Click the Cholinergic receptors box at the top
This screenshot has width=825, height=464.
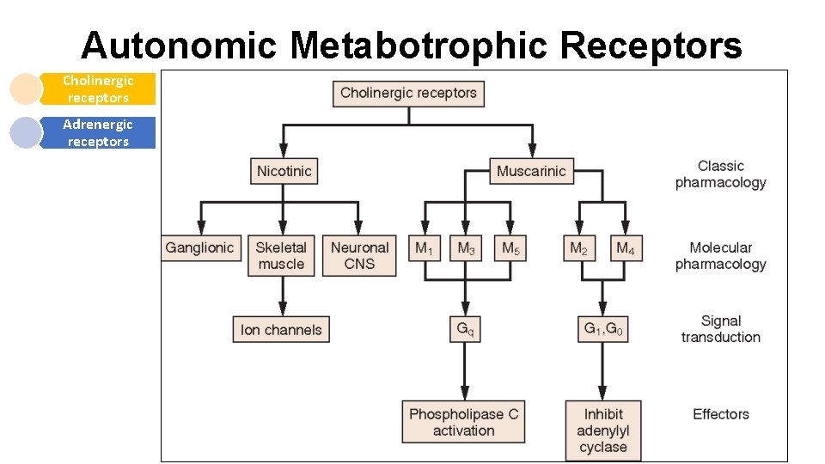408,93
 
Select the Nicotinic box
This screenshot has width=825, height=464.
284,171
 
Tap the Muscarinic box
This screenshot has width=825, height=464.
531,171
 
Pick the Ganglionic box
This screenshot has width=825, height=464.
199,248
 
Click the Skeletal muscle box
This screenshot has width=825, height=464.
281,256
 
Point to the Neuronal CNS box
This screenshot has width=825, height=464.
359,256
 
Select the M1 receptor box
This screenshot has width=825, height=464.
424,249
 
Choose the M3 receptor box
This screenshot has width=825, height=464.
466,249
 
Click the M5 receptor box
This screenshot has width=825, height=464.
510,249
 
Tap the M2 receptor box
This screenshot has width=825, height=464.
579,249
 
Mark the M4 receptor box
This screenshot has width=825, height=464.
625,249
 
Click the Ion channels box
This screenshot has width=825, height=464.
281,330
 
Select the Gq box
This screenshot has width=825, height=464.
464,329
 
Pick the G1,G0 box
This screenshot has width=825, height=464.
602,329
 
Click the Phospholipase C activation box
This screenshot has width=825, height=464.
464,422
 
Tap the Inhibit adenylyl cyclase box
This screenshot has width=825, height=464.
602,430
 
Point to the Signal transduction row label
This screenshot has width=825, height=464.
720,329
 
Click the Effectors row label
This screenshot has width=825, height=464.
720,414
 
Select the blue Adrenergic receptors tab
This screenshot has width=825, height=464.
98,133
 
